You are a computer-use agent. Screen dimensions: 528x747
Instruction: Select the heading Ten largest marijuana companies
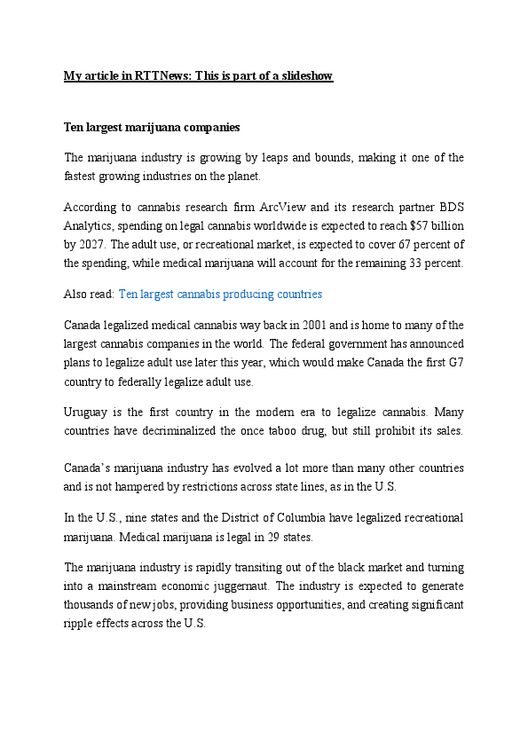pyautogui.click(x=152, y=128)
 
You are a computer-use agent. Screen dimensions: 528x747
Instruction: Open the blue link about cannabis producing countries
pyautogui.click(x=220, y=294)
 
